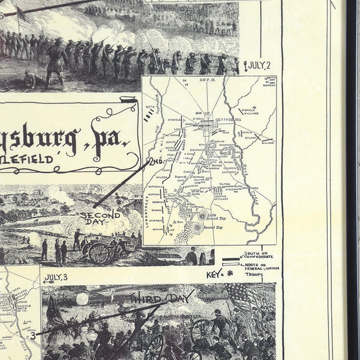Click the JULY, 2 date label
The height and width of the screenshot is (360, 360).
pyautogui.click(x=260, y=64)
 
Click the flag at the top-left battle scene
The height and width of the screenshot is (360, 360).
pyautogui.click(x=24, y=15)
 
